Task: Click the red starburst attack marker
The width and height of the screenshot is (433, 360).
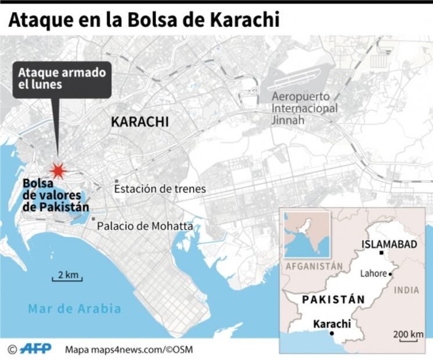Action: pos(57,170)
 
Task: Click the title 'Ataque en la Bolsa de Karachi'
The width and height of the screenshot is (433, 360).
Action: pos(143,20)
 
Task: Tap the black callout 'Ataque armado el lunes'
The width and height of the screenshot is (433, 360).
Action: pos(62,79)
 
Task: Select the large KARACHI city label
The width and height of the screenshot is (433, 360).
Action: pos(139,122)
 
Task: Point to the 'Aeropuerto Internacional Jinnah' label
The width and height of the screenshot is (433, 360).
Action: pos(304,108)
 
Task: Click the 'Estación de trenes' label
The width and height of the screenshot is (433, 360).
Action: pos(160,189)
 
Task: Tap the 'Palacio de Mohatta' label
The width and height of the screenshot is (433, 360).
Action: pos(145,226)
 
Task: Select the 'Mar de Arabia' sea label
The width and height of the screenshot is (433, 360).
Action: pos(75,308)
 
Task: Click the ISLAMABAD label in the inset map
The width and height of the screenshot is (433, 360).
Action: pos(389,244)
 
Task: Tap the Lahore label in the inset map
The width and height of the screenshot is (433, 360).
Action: pos(373,273)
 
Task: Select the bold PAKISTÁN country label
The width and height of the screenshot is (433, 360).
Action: pos(333,299)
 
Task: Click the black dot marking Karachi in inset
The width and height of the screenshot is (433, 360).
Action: pos(331,333)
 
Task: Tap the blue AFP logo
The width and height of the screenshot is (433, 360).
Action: pos(35,348)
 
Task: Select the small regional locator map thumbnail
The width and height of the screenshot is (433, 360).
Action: pos(306,234)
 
